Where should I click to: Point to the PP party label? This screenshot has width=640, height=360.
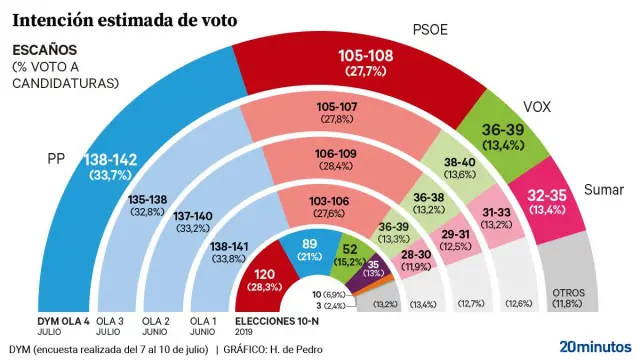click(x=57, y=157)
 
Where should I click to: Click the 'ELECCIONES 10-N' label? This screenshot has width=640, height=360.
click(x=277, y=320)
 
